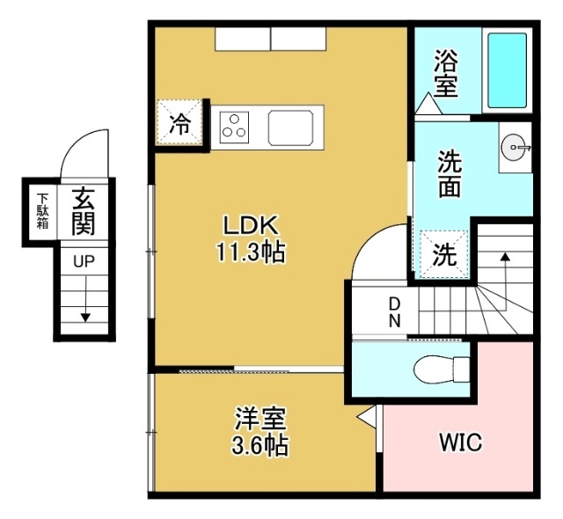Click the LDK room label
(250, 223)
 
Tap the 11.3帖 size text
(250, 252)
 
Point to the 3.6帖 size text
(260, 445)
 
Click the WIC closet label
(460, 442)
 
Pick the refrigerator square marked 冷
(179, 124)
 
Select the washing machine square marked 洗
(446, 255)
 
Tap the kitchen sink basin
(294, 127)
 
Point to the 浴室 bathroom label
(445, 74)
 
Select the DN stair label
(395, 312)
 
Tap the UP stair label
(84, 262)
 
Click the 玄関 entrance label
(84, 211)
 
